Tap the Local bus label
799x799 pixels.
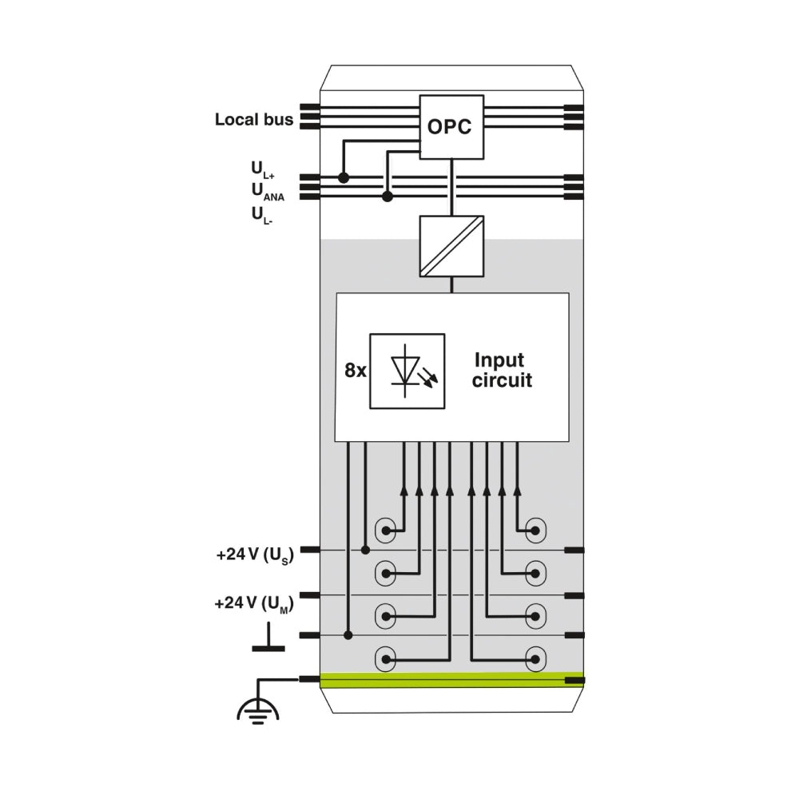pyautogui.click(x=254, y=120)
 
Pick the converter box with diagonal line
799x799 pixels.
pyautogui.click(x=452, y=246)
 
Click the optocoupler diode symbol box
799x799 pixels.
pyautogui.click(x=407, y=371)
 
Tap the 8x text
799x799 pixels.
pyautogui.click(x=356, y=371)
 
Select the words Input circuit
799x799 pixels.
pyautogui.click(x=502, y=370)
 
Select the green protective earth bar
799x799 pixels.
pyautogui.click(x=451, y=680)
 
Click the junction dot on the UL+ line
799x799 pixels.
pyautogui.click(x=344, y=177)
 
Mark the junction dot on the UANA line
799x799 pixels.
pyautogui.click(x=388, y=196)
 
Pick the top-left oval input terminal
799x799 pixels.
pyautogui.click(x=387, y=530)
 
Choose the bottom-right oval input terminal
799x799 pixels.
pyautogui.click(x=535, y=659)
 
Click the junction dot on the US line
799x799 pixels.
pyautogui.click(x=365, y=550)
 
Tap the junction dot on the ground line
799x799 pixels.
pyautogui.click(x=348, y=635)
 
